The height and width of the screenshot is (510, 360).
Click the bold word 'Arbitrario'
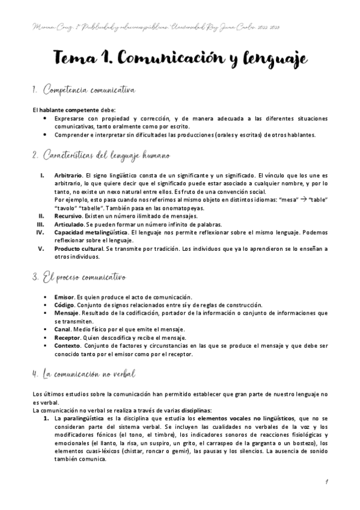point(67,176)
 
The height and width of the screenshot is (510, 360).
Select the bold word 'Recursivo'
point(68,215)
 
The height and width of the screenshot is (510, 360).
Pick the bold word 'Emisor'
point(63,297)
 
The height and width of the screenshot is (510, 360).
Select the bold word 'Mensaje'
point(66,313)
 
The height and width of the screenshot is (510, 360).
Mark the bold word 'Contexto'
point(67,346)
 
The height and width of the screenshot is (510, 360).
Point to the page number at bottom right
point(325,481)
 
